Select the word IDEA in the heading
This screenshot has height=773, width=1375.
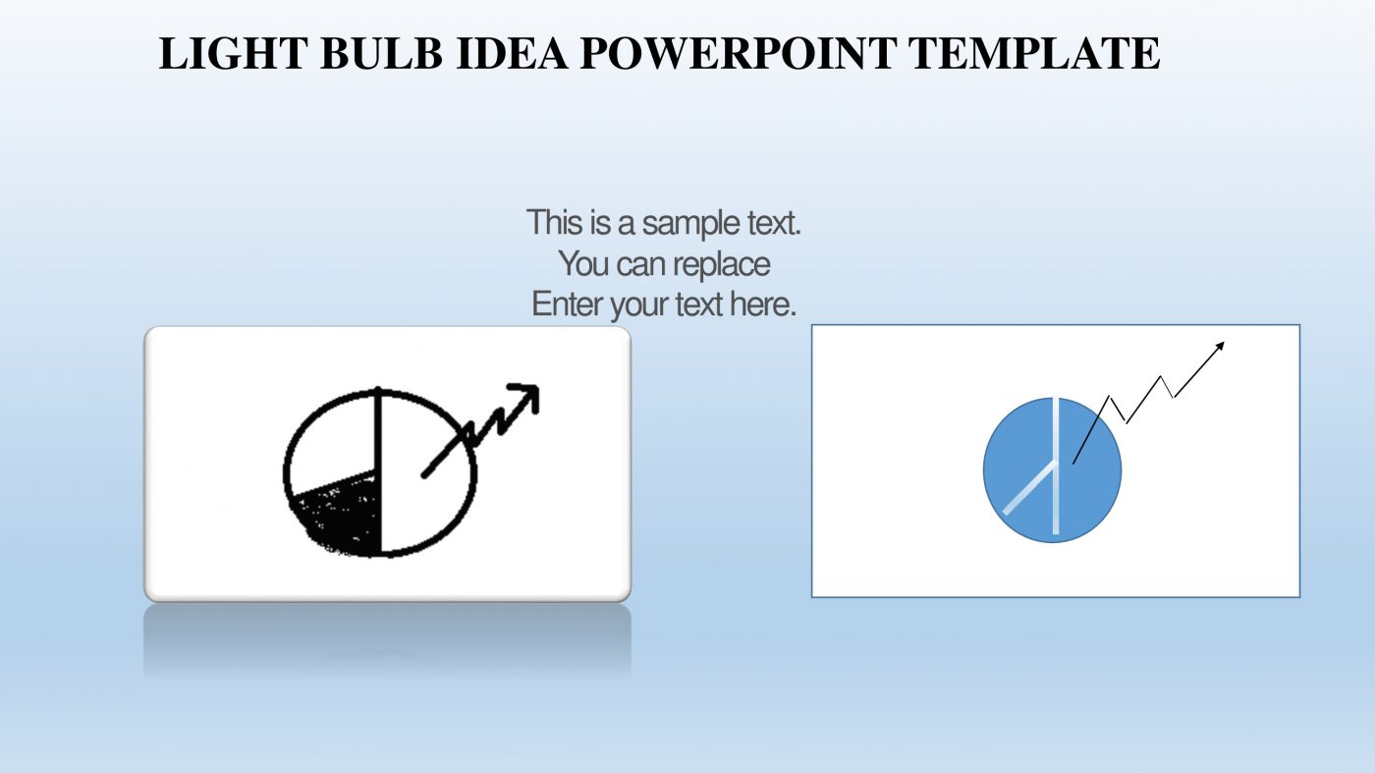[x=512, y=53]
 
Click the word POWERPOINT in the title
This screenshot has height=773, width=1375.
[x=738, y=53]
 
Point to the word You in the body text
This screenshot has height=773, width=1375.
[x=584, y=264]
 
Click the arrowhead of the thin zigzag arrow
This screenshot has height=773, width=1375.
[x=1220, y=345]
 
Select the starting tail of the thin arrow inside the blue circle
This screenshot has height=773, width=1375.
[x=1075, y=460]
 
